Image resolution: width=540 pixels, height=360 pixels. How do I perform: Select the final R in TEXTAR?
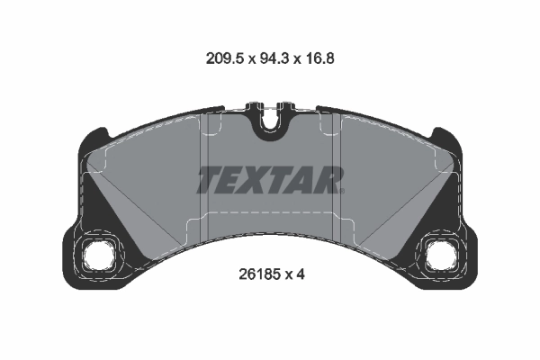(329, 180)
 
